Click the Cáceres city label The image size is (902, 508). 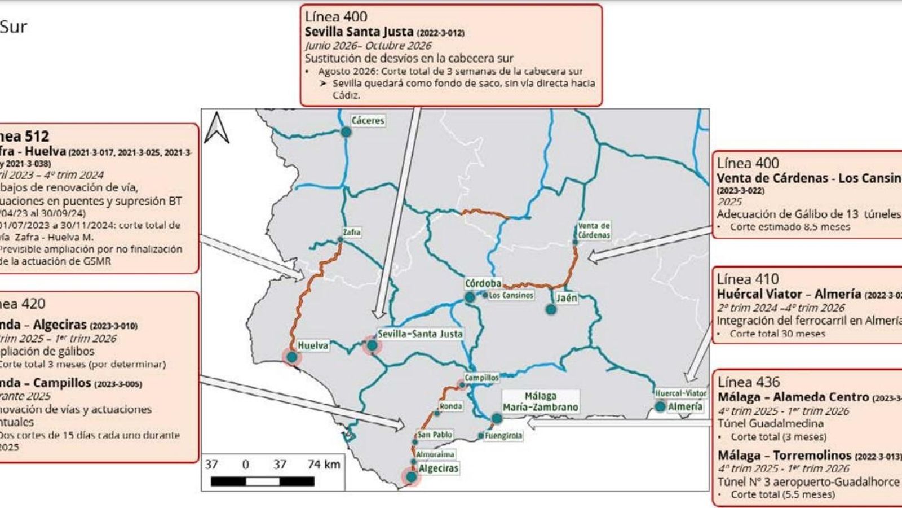(368, 120)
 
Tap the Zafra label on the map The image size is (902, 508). (351, 232)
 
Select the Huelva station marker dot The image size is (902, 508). (291, 357)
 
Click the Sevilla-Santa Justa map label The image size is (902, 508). (420, 334)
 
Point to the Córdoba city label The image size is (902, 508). (483, 283)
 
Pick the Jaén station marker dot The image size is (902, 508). (551, 309)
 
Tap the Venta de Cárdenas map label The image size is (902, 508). (594, 230)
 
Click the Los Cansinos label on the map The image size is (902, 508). (511, 295)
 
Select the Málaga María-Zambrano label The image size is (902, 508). (540, 401)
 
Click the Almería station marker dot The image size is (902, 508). (660, 406)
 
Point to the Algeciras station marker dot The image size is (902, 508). (412, 477)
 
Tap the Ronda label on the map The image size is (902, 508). (450, 406)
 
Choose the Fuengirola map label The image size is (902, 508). (503, 436)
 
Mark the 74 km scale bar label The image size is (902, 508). (324, 464)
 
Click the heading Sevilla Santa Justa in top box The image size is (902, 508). (359, 32)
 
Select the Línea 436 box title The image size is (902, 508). (749, 382)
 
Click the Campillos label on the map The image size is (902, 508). (481, 378)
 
